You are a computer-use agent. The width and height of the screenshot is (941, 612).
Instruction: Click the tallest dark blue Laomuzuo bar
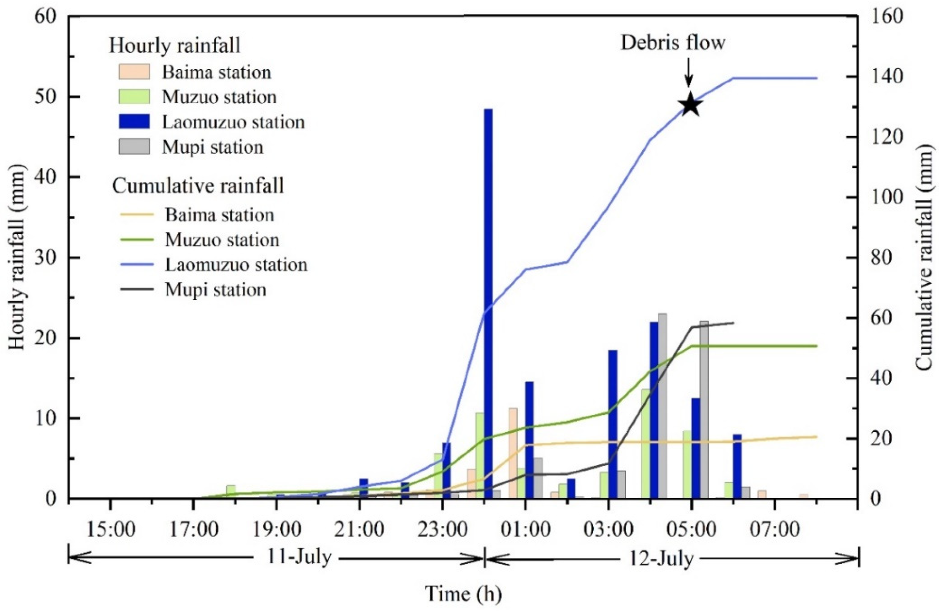[x=488, y=300]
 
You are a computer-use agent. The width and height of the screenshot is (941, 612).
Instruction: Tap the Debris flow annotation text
[x=673, y=43]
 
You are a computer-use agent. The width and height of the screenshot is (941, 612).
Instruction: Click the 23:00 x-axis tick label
[x=442, y=529]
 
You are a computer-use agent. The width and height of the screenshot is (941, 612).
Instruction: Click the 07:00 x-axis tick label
[x=775, y=529]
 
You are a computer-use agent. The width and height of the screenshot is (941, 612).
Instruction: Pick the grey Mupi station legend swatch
[x=134, y=147]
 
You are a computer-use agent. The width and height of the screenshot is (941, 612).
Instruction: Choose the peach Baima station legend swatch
[x=134, y=72]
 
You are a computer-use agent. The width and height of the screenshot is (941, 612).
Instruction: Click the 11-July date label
[x=299, y=558]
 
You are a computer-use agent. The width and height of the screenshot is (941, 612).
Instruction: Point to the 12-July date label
[x=661, y=559]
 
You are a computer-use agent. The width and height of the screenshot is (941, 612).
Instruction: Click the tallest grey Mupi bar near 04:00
[x=663, y=405]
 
